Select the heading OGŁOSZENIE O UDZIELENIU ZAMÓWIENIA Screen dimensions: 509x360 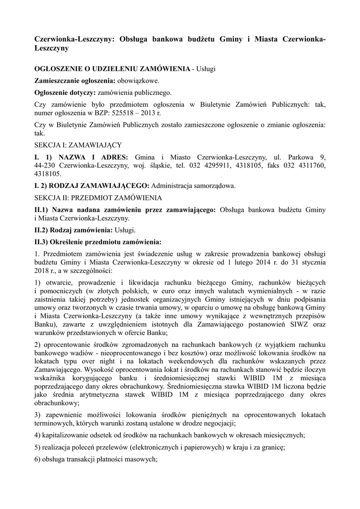(x=112, y=68)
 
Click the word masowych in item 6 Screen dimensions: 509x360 (x=141, y=460)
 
